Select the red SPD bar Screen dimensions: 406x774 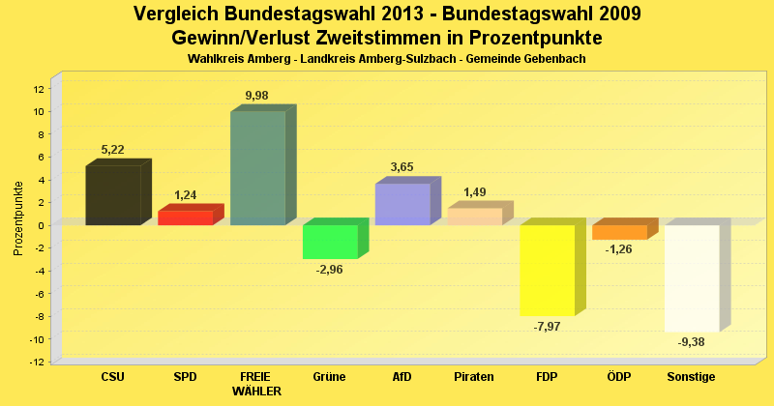pyautogui.click(x=185, y=217)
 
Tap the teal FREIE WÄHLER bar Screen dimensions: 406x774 pyautogui.click(x=257, y=168)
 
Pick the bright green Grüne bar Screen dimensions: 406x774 pyautogui.click(x=330, y=242)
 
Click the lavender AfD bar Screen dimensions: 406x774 pyautogui.click(x=402, y=204)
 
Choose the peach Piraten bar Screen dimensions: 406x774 pyautogui.click(x=474, y=217)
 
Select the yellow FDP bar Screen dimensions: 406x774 pyautogui.click(x=547, y=270)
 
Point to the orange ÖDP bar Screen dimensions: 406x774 pyautogui.click(x=619, y=232)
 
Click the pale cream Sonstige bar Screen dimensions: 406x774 pyautogui.click(x=692, y=277)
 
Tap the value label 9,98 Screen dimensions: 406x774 pyautogui.click(x=257, y=95)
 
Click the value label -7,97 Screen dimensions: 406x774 pyautogui.click(x=548, y=327)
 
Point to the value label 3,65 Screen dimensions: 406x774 pyautogui.click(x=402, y=167)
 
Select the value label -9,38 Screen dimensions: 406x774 pyautogui.click(x=692, y=342)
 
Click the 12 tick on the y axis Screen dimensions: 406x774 pyautogui.click(x=39, y=89)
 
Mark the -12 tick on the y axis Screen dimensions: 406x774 pyautogui.click(x=37, y=362)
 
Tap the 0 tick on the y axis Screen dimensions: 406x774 pyautogui.click(x=42, y=225)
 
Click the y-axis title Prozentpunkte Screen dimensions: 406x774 pyautogui.click(x=18, y=218)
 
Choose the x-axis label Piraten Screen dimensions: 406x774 pyautogui.click(x=474, y=377)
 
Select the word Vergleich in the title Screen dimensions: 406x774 pyautogui.click(x=176, y=14)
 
